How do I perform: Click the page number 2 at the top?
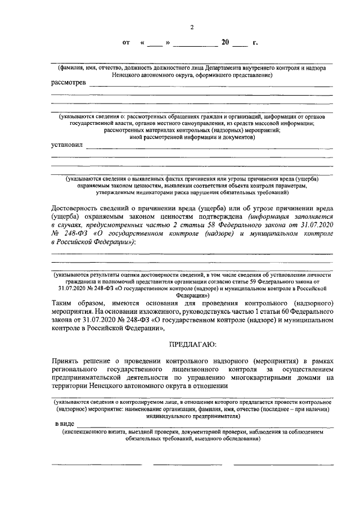tap(191, 27)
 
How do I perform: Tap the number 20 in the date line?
tap(225, 42)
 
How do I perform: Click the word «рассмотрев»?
tap(69, 83)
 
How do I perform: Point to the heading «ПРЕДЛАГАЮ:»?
tap(191, 343)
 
